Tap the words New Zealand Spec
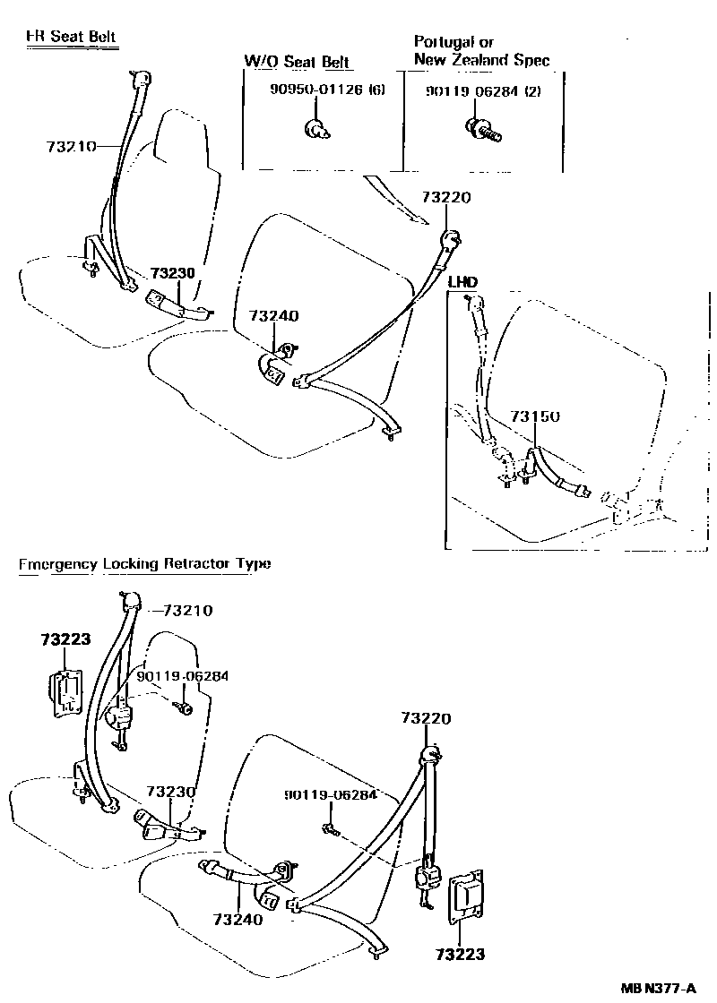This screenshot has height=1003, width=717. click(481, 60)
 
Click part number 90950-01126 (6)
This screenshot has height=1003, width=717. click(328, 90)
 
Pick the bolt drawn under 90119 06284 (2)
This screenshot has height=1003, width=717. click(484, 132)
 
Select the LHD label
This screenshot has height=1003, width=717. click(462, 282)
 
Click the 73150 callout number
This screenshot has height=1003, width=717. click(535, 416)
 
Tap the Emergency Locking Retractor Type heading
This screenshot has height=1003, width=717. click(144, 564)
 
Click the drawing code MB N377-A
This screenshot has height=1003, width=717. click(659, 988)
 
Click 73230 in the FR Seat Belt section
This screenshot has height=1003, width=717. click(172, 273)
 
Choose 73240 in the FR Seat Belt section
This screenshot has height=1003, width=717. click(273, 315)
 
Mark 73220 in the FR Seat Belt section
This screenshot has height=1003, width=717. click(447, 198)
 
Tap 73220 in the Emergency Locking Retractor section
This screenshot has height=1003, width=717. click(426, 718)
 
